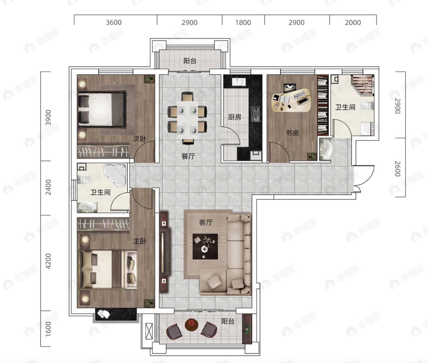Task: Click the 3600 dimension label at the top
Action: tap(114, 22)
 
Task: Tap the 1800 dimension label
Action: tap(243, 22)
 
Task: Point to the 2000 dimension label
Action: tap(353, 22)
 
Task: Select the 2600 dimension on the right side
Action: tap(398, 169)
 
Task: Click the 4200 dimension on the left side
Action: tap(48, 261)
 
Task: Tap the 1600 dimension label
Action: tap(48, 329)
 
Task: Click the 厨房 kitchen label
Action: tap(235, 117)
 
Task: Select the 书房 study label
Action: tap(292, 133)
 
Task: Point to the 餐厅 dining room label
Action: tap(188, 156)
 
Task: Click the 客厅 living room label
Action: tap(206, 222)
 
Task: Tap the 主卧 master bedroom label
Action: tap(140, 241)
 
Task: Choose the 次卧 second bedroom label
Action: tap(140, 138)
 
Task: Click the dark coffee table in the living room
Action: tap(205, 246)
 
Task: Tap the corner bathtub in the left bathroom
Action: tap(115, 175)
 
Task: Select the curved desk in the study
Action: tap(291, 100)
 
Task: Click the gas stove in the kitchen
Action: tap(255, 114)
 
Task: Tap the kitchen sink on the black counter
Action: tap(239, 82)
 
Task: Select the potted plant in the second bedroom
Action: tap(150, 79)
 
